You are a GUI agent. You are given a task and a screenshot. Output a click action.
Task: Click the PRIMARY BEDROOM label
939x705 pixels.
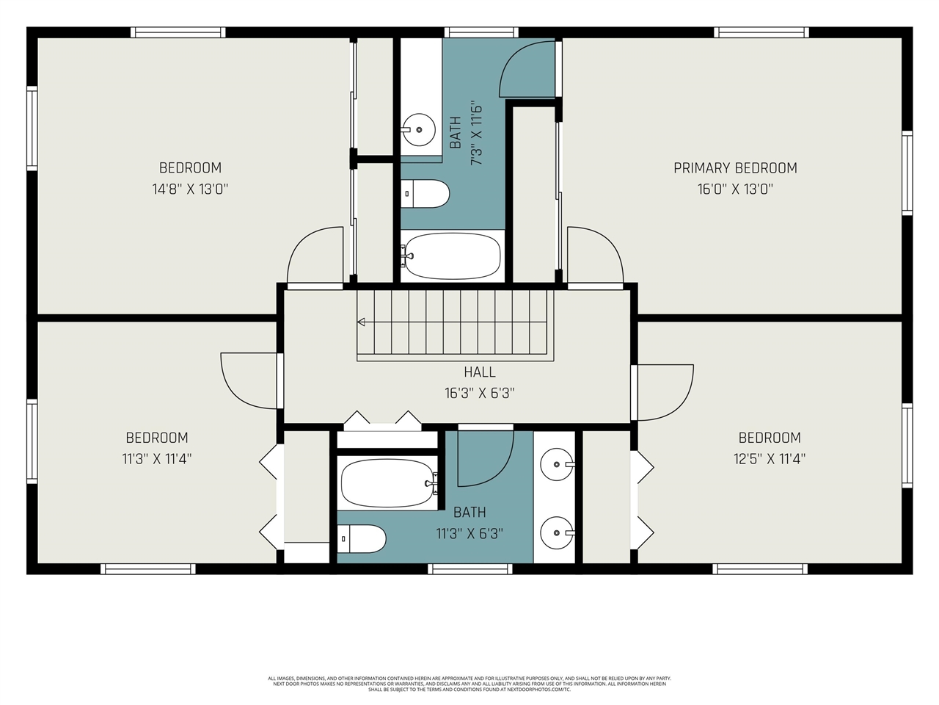(x=735, y=168)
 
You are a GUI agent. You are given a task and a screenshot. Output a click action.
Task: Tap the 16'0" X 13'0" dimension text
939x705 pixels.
(x=735, y=189)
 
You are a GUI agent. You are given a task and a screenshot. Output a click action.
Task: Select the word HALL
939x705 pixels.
(x=479, y=372)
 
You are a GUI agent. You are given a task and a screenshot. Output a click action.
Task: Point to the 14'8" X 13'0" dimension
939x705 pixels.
(x=190, y=189)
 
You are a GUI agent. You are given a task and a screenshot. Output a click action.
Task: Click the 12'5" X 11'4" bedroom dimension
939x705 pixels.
(x=770, y=459)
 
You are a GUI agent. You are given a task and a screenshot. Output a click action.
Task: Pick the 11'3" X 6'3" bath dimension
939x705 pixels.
(x=469, y=533)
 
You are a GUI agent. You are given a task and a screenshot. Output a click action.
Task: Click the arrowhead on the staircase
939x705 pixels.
(x=362, y=322)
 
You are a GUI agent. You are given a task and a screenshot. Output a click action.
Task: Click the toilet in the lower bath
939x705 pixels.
(x=362, y=540)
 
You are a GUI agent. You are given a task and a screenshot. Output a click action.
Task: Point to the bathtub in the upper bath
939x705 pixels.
(x=452, y=256)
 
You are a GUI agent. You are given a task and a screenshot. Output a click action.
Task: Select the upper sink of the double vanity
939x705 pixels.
(x=558, y=464)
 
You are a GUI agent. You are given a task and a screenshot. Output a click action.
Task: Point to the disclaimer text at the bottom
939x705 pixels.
(x=469, y=684)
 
